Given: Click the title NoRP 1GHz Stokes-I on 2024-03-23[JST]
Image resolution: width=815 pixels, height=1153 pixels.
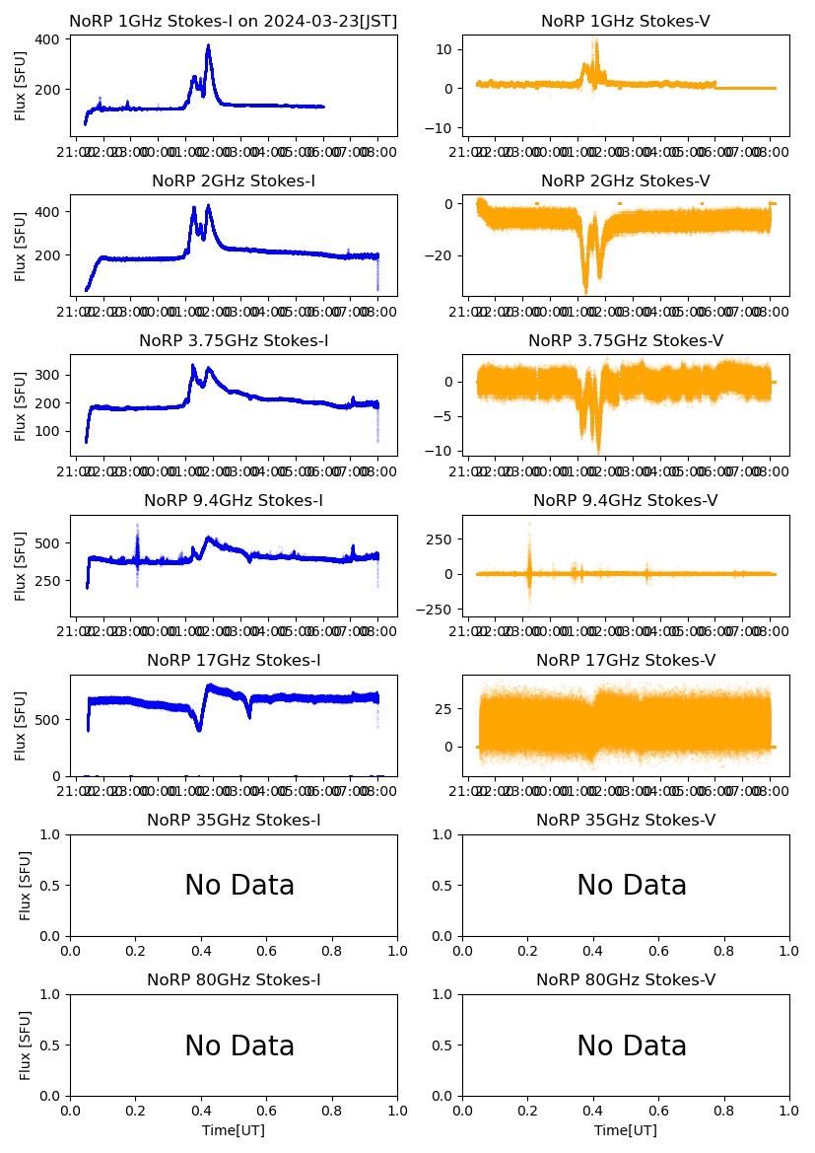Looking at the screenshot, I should pos(233,21).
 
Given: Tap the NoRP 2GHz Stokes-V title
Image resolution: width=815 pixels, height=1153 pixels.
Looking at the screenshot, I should pos(625,180).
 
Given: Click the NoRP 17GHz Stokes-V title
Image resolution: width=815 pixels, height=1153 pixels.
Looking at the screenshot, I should pos(625,661).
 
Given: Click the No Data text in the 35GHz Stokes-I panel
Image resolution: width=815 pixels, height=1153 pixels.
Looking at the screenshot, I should pos(239,886).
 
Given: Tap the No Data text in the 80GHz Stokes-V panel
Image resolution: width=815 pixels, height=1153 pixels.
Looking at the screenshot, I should pos(632,1045).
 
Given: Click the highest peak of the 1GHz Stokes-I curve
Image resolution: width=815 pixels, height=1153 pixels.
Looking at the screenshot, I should pos(208,45).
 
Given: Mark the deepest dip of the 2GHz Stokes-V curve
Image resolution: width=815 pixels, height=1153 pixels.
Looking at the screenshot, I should pos(585,291).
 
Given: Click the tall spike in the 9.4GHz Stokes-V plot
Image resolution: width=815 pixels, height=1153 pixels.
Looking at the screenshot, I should pos(529,525).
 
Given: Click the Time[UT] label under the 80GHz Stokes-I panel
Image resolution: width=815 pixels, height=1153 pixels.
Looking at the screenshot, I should pos(234,1130).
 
